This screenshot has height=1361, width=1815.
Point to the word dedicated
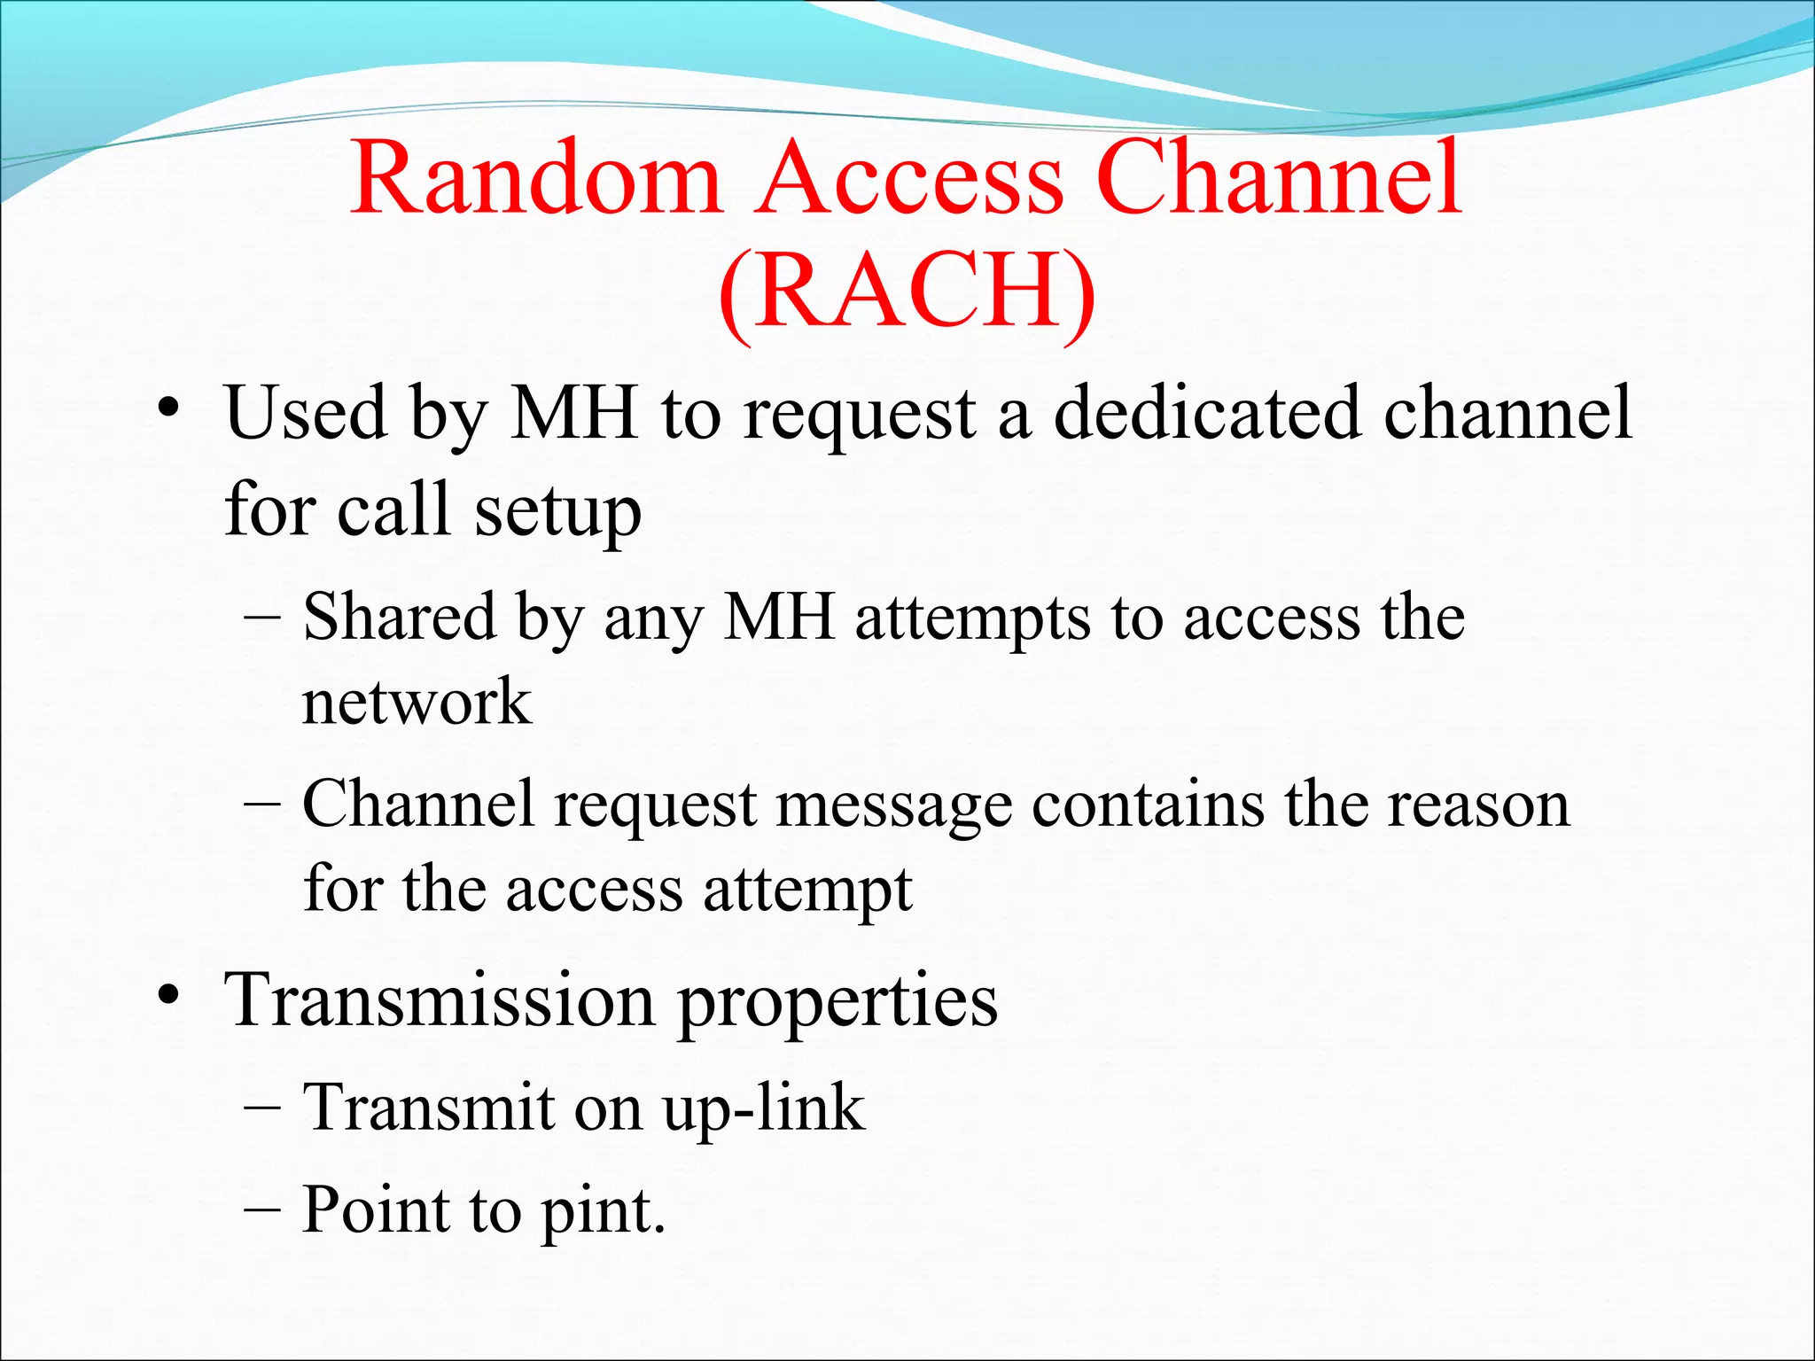(1207, 413)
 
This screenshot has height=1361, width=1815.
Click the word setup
(557, 512)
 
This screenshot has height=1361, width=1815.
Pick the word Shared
(399, 617)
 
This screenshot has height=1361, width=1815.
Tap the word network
(417, 702)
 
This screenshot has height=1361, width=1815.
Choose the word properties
(837, 1003)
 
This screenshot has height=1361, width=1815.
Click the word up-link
(764, 1109)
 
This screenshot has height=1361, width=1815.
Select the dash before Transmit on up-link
(261, 1108)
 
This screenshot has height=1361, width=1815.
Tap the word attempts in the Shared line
(972, 618)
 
